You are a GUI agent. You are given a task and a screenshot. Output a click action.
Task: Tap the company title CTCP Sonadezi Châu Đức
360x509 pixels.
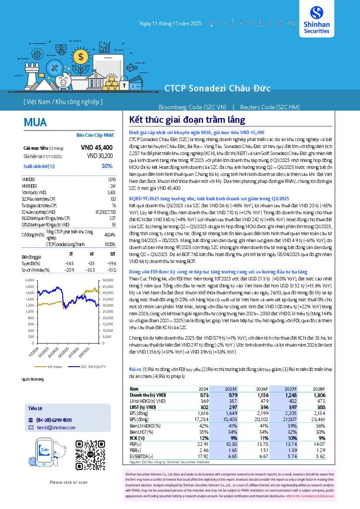click(x=217, y=88)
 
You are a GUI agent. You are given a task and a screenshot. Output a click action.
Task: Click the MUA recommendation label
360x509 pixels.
click(x=35, y=122)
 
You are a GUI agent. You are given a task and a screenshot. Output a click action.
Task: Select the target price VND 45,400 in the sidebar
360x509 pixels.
click(x=97, y=148)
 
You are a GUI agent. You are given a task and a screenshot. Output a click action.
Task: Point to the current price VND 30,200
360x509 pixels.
click(x=100, y=156)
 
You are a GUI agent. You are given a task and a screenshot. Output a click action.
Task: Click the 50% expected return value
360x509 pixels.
click(x=107, y=166)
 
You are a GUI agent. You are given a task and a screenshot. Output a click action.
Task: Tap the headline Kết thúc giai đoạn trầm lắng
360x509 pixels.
click(x=187, y=120)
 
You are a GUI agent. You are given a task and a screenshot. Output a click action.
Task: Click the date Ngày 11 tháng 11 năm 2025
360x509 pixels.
click(x=170, y=24)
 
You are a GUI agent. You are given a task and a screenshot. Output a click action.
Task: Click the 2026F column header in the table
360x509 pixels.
click(x=262, y=389)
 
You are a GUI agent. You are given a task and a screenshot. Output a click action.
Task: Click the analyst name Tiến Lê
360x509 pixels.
click(x=35, y=408)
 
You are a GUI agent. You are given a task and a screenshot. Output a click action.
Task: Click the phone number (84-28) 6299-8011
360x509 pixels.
click(x=54, y=420)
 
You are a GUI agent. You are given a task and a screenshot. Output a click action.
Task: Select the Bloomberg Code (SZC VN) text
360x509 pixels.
click(x=192, y=107)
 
